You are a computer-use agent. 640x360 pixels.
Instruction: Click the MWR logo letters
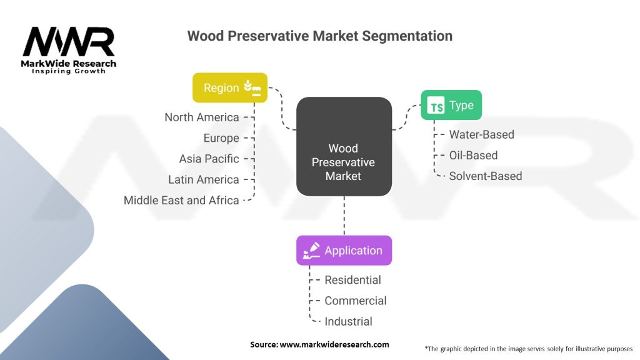[x=69, y=42]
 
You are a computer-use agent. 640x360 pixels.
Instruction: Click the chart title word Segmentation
[x=407, y=36]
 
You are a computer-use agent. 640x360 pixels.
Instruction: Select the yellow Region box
[x=230, y=87]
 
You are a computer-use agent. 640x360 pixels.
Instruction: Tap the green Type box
[x=451, y=105]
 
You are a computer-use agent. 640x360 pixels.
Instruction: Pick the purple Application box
[x=344, y=250]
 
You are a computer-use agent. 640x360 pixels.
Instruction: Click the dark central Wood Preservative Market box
[x=344, y=146]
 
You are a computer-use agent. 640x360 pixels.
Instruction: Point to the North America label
[x=202, y=117]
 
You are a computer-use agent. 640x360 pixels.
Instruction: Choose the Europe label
[x=221, y=138]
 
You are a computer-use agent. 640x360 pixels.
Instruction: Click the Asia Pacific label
[x=209, y=159]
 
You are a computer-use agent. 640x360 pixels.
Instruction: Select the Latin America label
[x=204, y=179]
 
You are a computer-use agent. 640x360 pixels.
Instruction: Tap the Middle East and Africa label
[x=181, y=201]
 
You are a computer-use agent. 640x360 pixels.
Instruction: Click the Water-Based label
[x=482, y=135]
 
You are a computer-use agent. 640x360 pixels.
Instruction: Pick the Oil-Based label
[x=474, y=156]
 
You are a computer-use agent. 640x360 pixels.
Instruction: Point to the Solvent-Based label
[x=486, y=176]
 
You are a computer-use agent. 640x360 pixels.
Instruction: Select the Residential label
[x=352, y=280]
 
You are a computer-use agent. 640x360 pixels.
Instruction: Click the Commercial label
[x=356, y=301]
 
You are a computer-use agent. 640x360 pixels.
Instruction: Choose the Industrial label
[x=348, y=322]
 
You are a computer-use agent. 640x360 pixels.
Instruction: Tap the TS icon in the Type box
[x=436, y=105]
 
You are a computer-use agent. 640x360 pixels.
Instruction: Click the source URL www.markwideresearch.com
[x=334, y=344]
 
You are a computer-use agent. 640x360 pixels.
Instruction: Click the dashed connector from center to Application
[x=344, y=216]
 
